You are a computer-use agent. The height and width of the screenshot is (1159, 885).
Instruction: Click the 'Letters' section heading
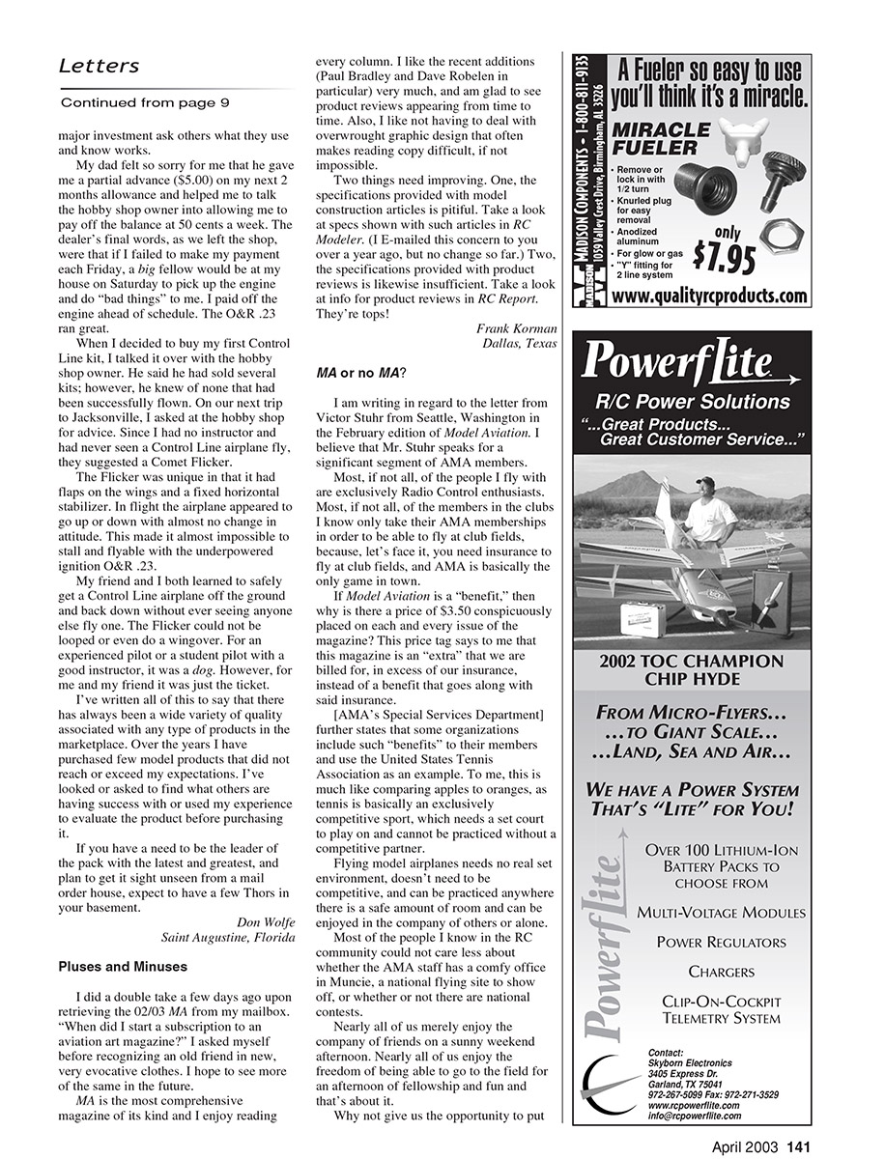click(x=100, y=67)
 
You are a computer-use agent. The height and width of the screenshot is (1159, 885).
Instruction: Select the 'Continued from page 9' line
click(x=145, y=102)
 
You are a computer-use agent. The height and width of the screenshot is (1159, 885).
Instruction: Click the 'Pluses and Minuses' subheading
click(x=123, y=966)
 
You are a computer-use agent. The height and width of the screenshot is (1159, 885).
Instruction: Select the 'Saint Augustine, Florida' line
click(x=228, y=936)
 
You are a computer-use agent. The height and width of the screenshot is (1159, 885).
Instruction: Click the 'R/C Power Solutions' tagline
click(x=692, y=402)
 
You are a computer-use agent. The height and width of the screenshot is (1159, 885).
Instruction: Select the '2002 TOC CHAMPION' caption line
click(x=691, y=662)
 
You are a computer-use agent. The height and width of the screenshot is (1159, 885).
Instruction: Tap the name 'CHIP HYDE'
click(x=691, y=680)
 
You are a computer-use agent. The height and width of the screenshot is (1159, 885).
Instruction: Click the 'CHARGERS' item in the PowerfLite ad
click(x=721, y=972)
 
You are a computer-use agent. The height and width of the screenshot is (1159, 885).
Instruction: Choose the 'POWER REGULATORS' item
click(x=721, y=942)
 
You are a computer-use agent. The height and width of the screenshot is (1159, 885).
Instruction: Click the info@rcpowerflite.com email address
click(x=695, y=1116)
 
